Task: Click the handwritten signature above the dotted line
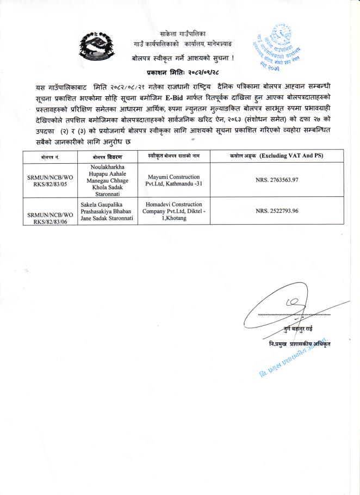coord(283,307)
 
